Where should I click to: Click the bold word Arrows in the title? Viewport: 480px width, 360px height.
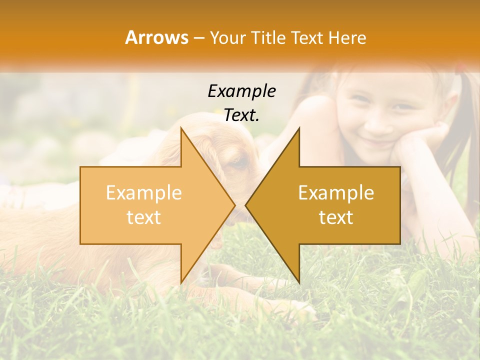pyautogui.click(x=157, y=37)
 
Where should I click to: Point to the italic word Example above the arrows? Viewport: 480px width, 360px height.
pyautogui.click(x=241, y=91)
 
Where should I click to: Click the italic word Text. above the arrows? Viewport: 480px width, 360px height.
pyautogui.click(x=241, y=115)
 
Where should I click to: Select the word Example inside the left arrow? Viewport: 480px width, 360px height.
pyautogui.click(x=143, y=193)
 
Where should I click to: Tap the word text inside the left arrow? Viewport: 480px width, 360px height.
pyautogui.click(x=143, y=217)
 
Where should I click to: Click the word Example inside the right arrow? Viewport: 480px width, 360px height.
pyautogui.click(x=336, y=193)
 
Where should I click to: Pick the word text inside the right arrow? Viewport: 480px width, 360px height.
pyautogui.click(x=336, y=217)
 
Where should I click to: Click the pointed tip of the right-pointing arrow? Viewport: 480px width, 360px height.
pyautogui.click(x=234, y=205)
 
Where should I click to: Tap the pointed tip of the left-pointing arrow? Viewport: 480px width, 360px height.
pyautogui.click(x=246, y=205)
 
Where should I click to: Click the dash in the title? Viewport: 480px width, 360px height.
pyautogui.click(x=198, y=38)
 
